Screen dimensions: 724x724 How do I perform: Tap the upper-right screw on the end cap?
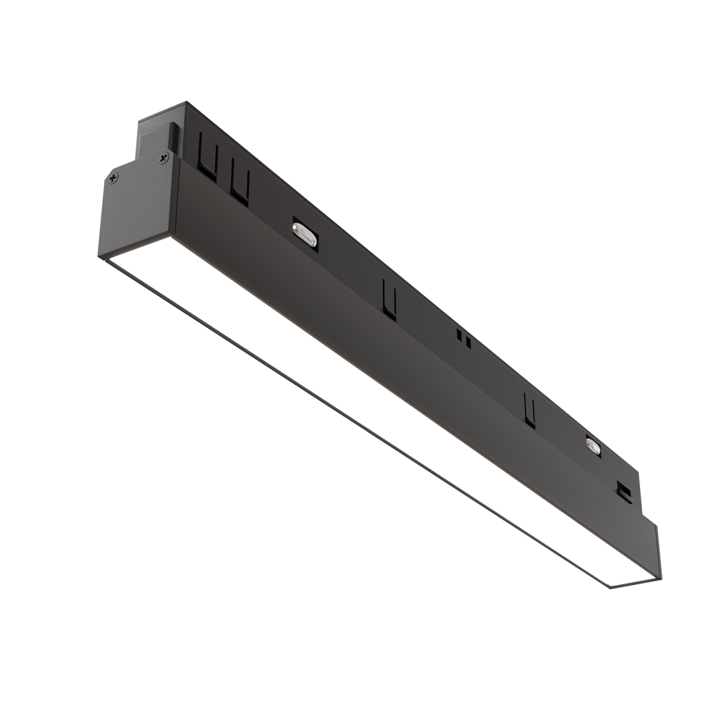point(163,156)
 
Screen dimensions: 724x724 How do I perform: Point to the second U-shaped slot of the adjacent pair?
point(240,185)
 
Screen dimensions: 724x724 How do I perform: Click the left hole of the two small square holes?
point(459,334)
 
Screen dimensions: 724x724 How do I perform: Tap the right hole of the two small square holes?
point(468,341)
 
